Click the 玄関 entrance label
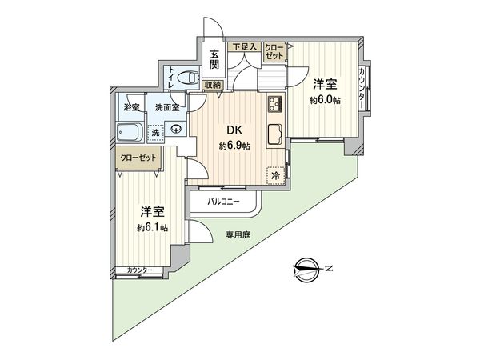click(x=215, y=60)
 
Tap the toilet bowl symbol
click(x=189, y=78)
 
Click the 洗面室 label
click(x=167, y=106)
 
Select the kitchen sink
click(x=274, y=134)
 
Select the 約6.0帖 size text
click(x=323, y=101)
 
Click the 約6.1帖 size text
click(x=153, y=227)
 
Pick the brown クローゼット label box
click(x=138, y=158)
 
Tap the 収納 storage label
click(x=212, y=84)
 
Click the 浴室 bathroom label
click(x=131, y=106)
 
